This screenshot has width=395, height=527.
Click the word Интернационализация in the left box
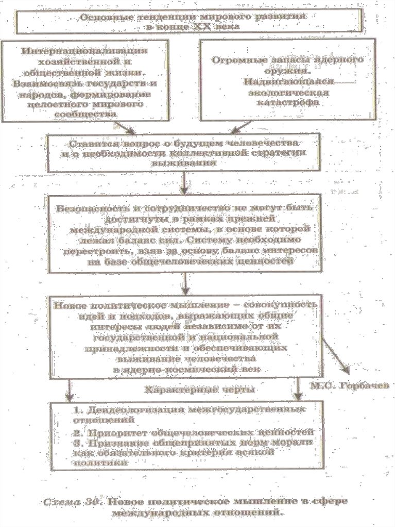(85, 51)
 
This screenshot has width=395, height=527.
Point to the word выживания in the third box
(183, 162)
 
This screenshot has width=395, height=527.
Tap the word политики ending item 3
(104, 463)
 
